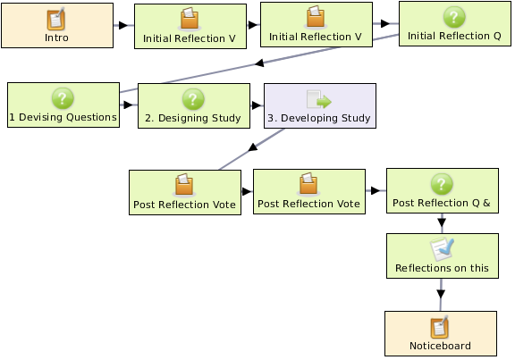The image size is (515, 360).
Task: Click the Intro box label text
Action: tap(56, 38)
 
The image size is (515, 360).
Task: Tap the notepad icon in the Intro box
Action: tap(55, 19)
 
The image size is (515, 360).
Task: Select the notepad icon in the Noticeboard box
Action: tap(440, 327)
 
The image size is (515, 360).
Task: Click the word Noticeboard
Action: tap(440, 346)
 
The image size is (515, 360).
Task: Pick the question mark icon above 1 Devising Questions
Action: tap(63, 98)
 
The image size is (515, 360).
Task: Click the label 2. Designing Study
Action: tap(193, 118)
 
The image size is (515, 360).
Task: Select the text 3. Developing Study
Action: tap(319, 118)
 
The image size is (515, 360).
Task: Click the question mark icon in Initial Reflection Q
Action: tap(454, 17)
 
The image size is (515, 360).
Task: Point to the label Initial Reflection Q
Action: tap(454, 36)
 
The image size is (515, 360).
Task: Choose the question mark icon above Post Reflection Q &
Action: tap(442, 184)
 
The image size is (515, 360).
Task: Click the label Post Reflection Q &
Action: tap(442, 203)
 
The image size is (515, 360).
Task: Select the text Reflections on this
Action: tap(442, 268)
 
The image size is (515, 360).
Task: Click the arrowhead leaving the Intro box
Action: tap(122, 25)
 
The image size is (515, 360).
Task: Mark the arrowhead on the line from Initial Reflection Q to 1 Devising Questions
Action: tap(259, 63)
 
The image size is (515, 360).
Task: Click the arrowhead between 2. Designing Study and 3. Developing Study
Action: tap(257, 105)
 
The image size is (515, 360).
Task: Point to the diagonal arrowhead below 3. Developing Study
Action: tap(253, 147)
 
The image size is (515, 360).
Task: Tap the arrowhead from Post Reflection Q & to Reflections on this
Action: tap(442, 222)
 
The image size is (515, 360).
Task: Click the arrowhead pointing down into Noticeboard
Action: tap(441, 294)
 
